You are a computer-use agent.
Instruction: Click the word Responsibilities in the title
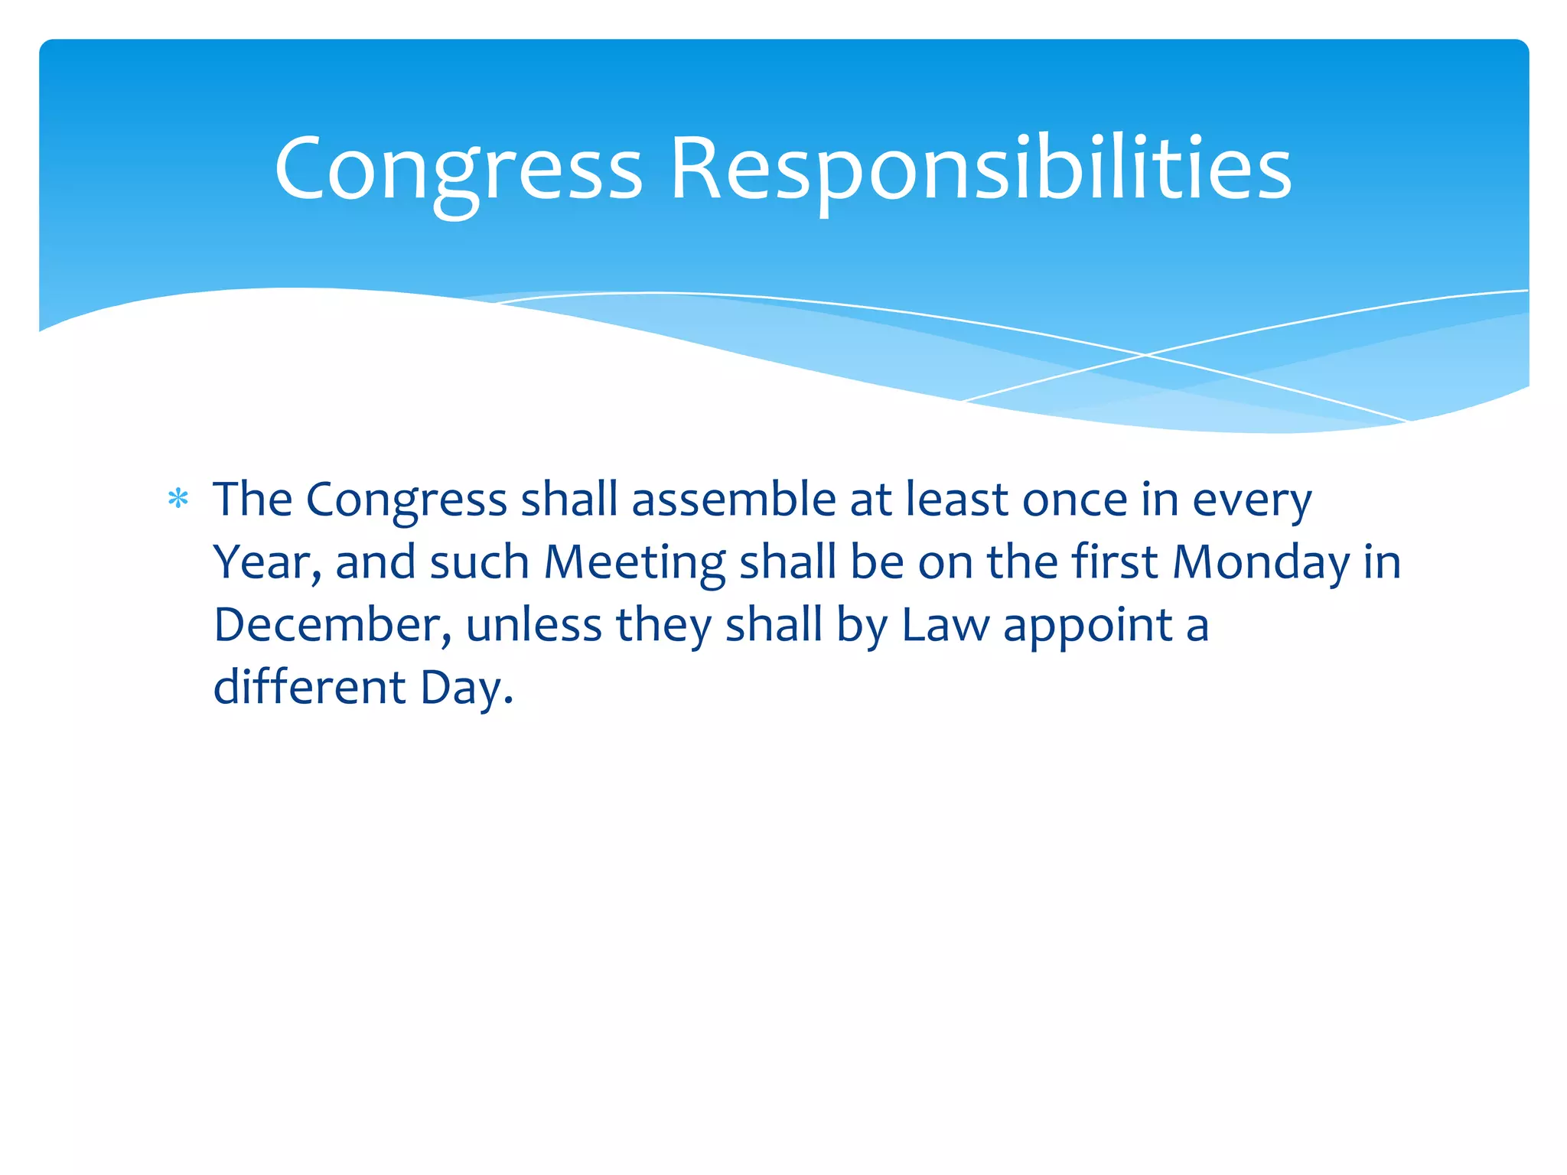[x=981, y=170]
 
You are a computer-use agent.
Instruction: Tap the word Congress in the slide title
[x=458, y=170]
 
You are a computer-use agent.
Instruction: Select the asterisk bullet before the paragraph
[x=178, y=500]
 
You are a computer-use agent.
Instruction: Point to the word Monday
[x=1261, y=562]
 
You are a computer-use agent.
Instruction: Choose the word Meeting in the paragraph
[x=634, y=564]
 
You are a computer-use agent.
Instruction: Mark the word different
[x=309, y=687]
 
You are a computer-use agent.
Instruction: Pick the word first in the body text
[x=1114, y=562]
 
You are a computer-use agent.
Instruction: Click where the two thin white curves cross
[x=1145, y=355]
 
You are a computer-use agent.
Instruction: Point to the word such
[x=479, y=562]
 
